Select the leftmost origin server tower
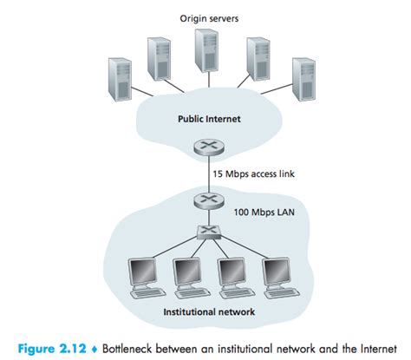point(119,82)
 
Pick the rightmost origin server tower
point(303,82)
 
